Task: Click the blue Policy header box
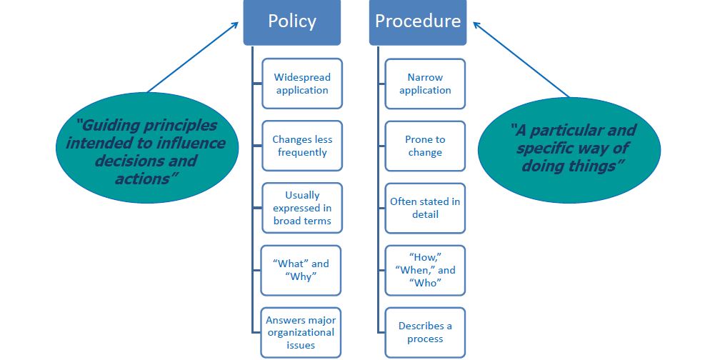click(x=291, y=22)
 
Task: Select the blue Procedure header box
click(x=418, y=22)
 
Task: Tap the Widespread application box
click(x=302, y=84)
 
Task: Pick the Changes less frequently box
click(x=302, y=146)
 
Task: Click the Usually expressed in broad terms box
click(x=302, y=208)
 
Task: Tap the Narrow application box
click(x=425, y=84)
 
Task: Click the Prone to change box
click(x=425, y=146)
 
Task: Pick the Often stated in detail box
click(x=425, y=208)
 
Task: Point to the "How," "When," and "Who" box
click(x=425, y=270)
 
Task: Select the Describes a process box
click(x=425, y=332)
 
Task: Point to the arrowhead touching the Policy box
click(x=236, y=25)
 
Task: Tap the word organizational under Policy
click(x=301, y=332)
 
